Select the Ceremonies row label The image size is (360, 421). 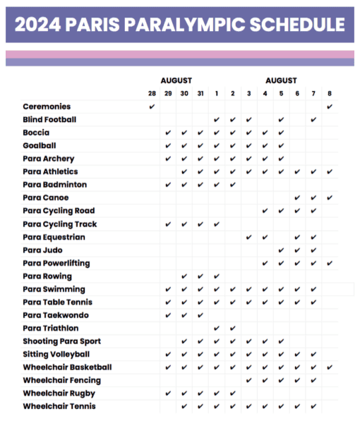point(47,106)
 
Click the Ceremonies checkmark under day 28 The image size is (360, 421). point(152,106)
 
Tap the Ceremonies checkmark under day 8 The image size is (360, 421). point(330,106)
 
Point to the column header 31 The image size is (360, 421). point(200,93)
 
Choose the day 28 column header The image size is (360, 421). point(152,93)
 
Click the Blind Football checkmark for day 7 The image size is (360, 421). point(313,120)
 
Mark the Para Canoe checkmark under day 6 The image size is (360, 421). point(297,197)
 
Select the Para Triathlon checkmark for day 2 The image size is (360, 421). point(233,328)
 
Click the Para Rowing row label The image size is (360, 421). point(47,276)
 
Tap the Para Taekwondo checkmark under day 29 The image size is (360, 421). point(168,315)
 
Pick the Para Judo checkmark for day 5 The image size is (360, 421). point(281,250)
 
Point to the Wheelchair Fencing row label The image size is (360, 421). point(61,380)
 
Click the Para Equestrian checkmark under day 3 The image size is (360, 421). point(249,237)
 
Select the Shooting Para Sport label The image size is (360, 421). point(61,341)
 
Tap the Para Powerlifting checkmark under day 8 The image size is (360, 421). point(330,263)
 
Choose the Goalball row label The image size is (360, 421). point(40,146)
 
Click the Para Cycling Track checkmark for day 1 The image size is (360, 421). point(217,224)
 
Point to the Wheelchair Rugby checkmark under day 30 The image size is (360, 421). point(184,393)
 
